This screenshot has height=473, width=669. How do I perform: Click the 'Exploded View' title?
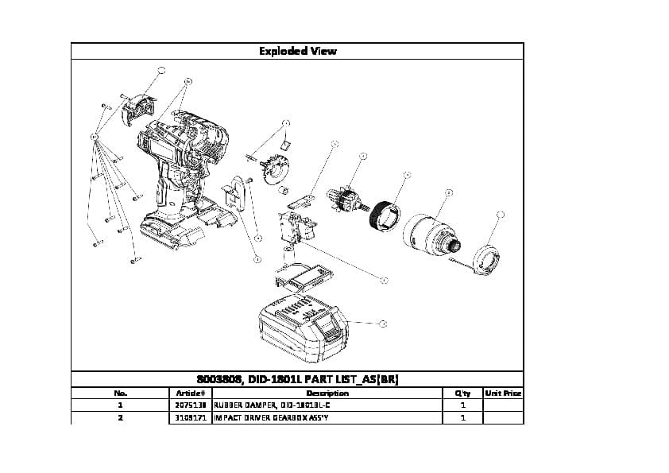tap(297, 51)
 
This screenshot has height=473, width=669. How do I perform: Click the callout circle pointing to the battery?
tap(383, 324)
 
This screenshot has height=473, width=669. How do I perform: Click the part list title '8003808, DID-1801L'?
tap(297, 379)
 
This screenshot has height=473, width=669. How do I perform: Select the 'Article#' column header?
tap(191, 393)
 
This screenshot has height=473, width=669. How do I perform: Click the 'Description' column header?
tap(327, 393)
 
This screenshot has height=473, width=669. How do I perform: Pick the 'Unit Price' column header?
tap(502, 393)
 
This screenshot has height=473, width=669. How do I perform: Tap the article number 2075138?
tap(191, 405)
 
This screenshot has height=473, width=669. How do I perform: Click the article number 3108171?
tap(191, 417)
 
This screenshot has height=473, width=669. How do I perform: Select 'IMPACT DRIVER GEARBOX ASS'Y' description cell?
tap(271, 417)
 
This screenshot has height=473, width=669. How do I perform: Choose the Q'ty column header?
tap(462, 393)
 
